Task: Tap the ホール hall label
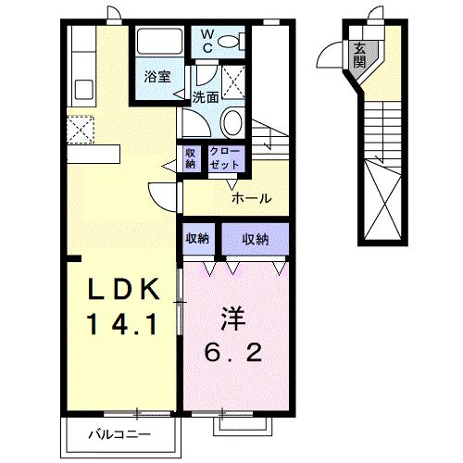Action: [251, 198]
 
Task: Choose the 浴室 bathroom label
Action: [156, 78]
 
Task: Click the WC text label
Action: [206, 41]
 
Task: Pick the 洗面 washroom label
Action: [206, 96]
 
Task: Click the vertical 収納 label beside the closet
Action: [191, 157]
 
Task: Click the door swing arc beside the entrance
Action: [331, 57]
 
